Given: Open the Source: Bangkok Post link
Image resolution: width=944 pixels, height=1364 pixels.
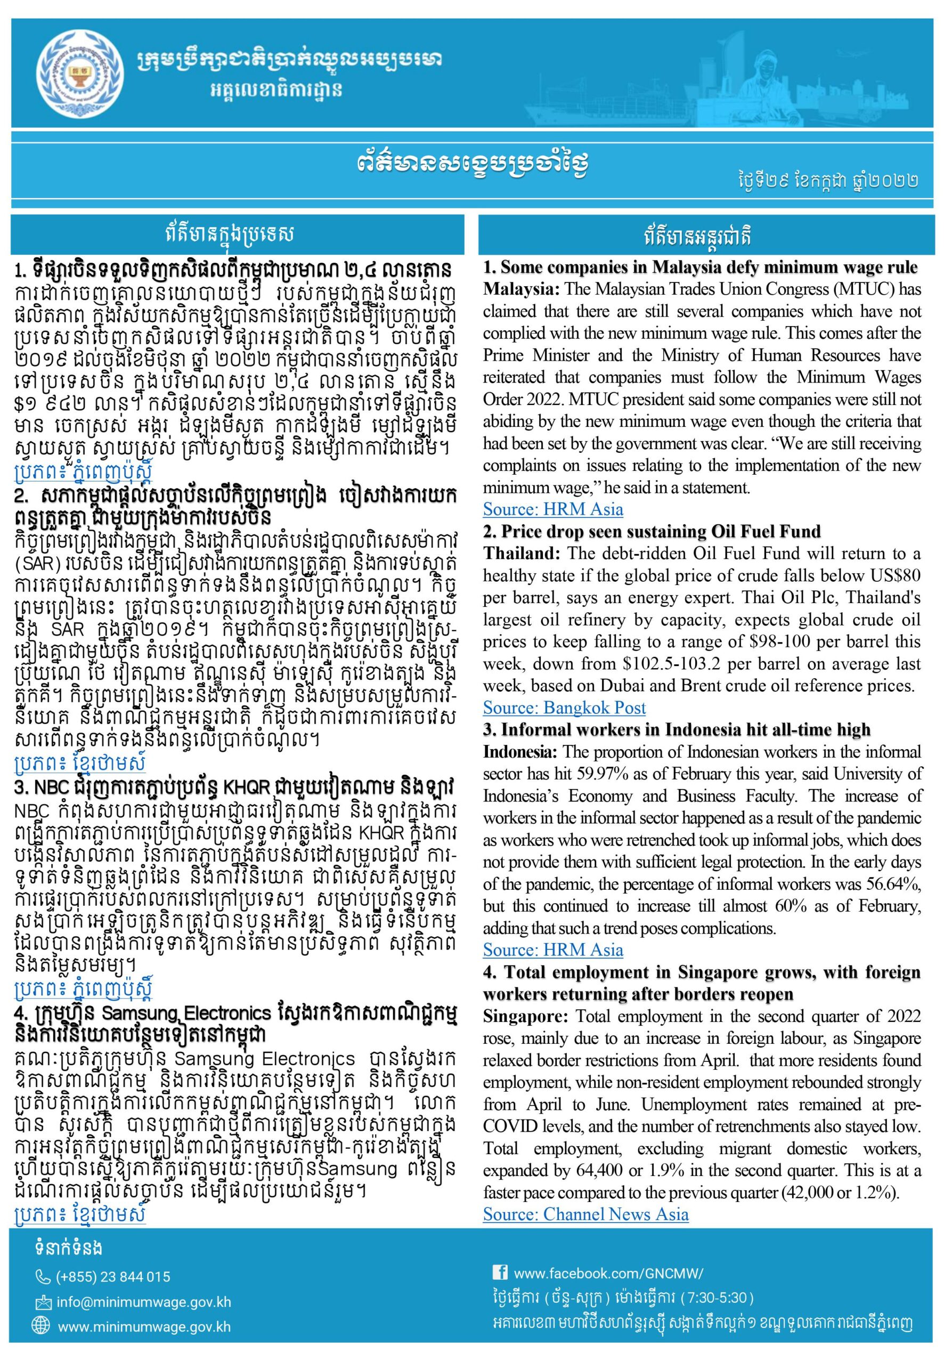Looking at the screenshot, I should coord(564,708).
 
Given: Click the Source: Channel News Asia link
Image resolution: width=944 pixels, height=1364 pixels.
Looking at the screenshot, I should coord(585,1214).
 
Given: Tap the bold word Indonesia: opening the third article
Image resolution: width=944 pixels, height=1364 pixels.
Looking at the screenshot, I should coord(520,752).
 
